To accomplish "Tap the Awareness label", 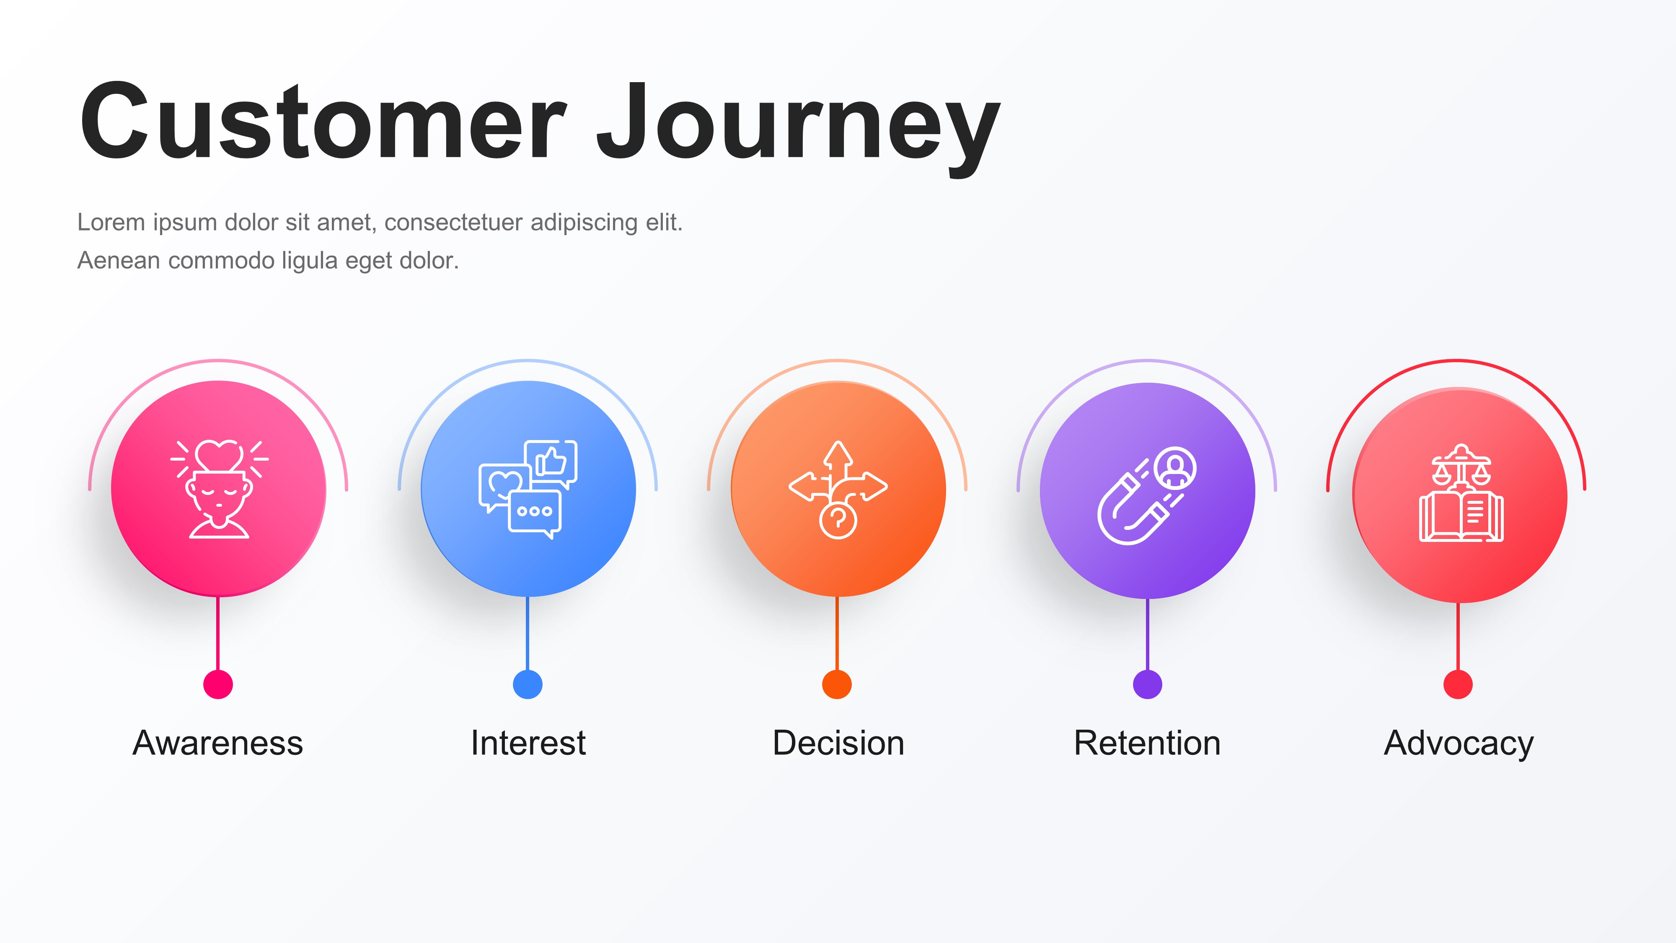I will click(218, 743).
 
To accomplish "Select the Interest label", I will click(528, 743).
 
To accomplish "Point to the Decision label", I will click(838, 743).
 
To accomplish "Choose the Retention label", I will click(1147, 743).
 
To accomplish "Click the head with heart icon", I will click(219, 490).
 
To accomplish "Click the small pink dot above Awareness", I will click(218, 684).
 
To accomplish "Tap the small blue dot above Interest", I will click(528, 684).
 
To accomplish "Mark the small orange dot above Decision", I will click(837, 684).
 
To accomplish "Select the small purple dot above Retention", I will click(1148, 684).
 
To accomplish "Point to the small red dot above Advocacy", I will click(1458, 684).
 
